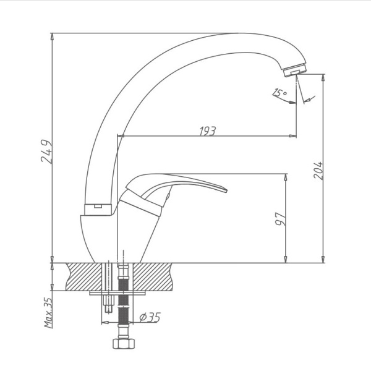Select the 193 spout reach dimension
[x=207, y=130]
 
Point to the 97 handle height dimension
[x=279, y=219]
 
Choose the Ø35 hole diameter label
[x=150, y=317]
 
